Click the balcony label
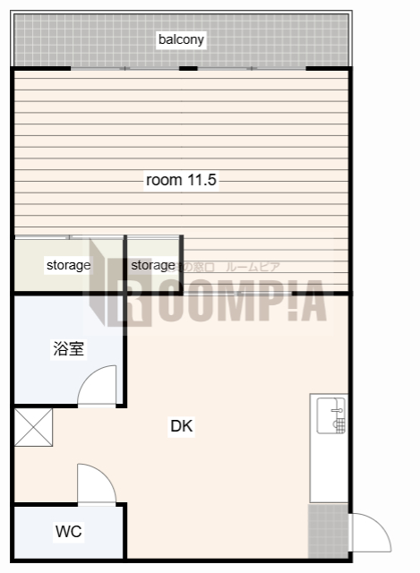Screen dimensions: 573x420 pos(182,39)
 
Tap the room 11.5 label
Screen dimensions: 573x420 pos(182,180)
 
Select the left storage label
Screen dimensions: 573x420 pos(68,266)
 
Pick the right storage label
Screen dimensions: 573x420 pos(153,266)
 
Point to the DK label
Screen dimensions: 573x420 pos(182,426)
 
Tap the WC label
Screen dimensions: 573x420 pos(68,532)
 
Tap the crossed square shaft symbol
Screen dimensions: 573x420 pos(34,427)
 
